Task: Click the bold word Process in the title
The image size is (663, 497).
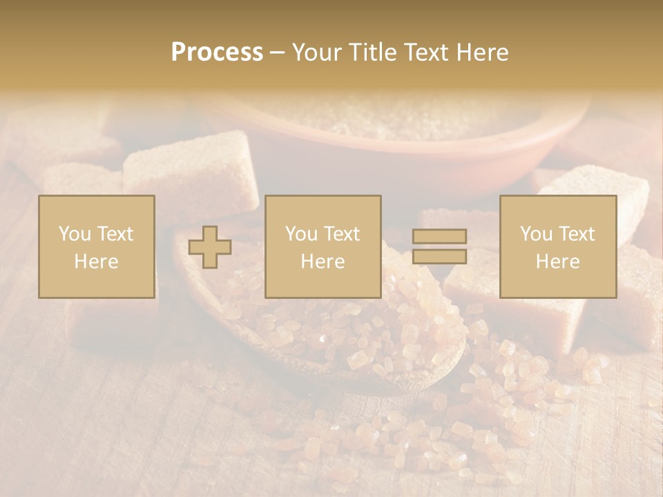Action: pos(217,52)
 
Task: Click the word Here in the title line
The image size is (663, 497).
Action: pos(483,52)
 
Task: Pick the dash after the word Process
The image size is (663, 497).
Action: pos(277,53)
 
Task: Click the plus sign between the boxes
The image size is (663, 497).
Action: pos(210,247)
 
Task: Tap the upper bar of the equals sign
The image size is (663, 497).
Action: pos(439,236)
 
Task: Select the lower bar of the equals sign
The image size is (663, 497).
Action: pos(439,257)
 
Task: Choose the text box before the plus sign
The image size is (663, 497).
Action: pos(96,246)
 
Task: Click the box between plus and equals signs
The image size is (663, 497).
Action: pos(323,246)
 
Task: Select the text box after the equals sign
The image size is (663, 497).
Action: pos(557,246)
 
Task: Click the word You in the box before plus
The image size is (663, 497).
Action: pos(73,234)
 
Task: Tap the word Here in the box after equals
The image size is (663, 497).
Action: pos(557,262)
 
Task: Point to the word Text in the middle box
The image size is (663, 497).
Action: pos(343,234)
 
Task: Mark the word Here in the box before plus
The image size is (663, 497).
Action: pos(96,262)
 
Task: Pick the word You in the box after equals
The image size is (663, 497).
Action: pos(535,234)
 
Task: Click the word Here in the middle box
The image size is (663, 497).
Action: pos(323,262)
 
